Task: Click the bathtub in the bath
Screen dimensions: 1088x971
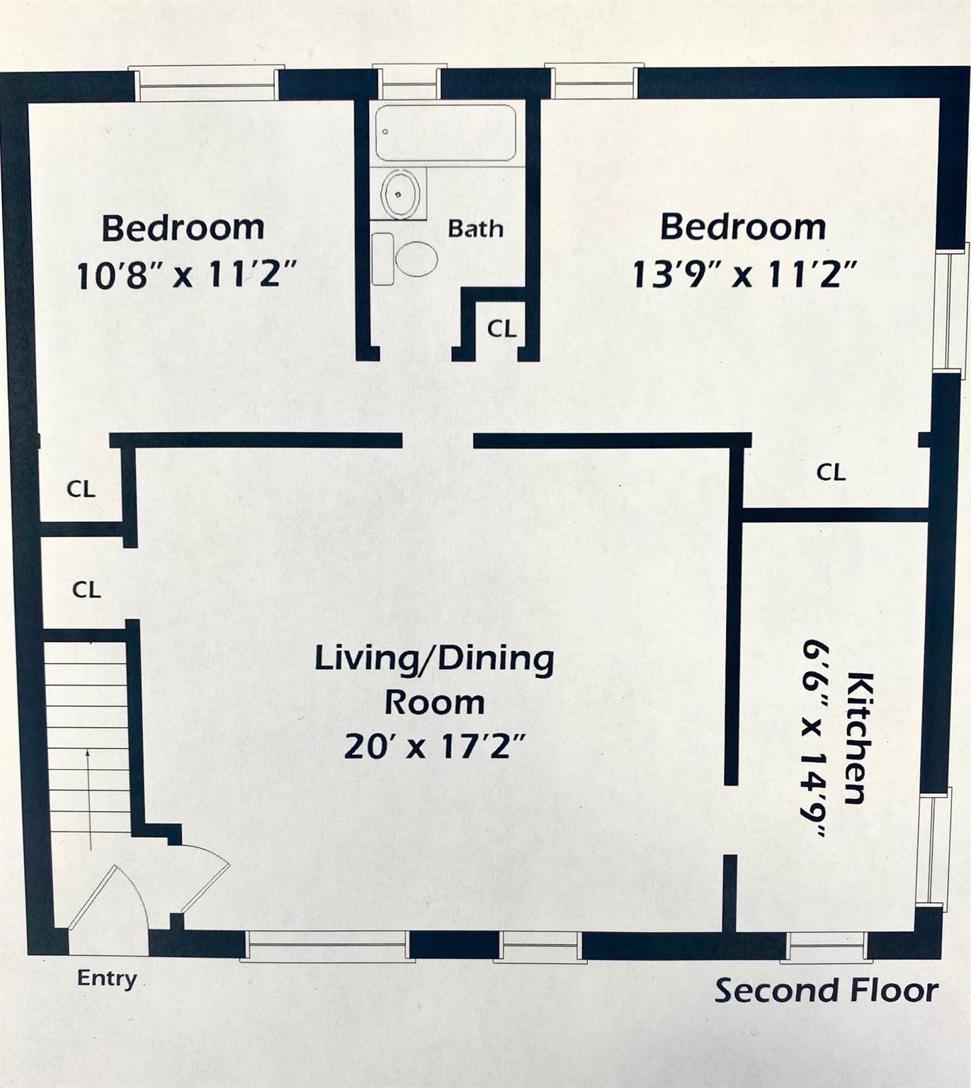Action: (445, 133)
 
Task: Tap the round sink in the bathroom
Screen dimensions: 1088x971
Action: (400, 193)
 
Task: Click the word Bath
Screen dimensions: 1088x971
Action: (475, 229)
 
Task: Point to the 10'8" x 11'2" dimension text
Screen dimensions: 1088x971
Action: (186, 274)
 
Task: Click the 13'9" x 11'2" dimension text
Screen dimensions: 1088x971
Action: (744, 273)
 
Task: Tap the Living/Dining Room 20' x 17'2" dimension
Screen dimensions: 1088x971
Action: (435, 746)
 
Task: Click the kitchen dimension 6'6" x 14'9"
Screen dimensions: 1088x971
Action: (815, 739)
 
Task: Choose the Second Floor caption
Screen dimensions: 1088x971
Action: (826, 990)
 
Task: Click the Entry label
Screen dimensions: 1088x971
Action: (107, 978)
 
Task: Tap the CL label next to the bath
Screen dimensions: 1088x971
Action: (501, 329)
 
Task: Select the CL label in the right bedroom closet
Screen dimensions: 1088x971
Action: (830, 472)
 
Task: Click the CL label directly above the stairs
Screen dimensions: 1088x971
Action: (86, 589)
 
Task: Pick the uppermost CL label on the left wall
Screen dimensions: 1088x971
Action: (81, 489)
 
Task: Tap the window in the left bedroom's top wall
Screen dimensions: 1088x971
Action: (206, 84)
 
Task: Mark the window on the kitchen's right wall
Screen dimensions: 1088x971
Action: (933, 850)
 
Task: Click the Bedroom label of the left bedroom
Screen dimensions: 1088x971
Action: (183, 228)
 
